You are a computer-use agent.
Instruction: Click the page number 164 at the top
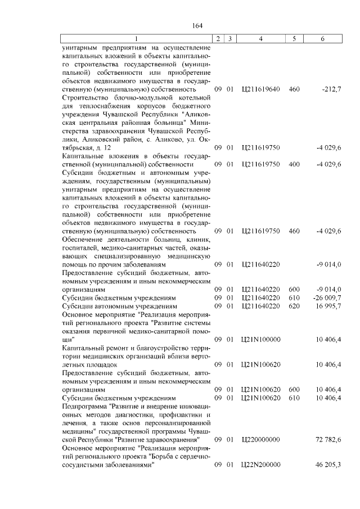point(197,26)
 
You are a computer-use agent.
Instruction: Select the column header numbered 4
point(260,38)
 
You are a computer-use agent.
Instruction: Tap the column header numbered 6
point(322,38)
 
